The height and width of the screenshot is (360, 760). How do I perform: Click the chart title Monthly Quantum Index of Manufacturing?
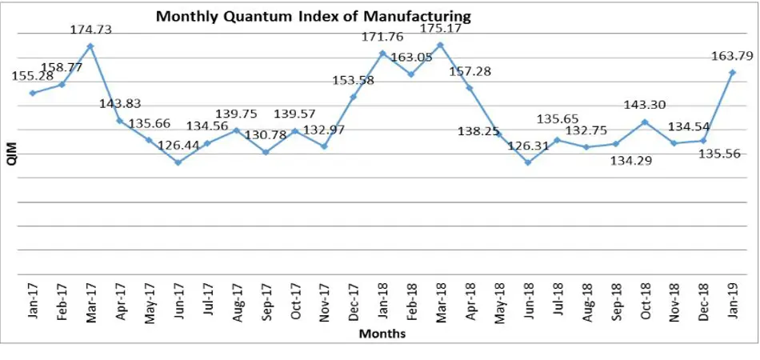(x=313, y=15)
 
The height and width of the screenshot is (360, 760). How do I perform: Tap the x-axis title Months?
(x=382, y=334)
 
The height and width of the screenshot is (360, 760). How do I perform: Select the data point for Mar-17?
(x=90, y=46)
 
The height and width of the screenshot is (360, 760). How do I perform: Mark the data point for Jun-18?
(x=528, y=162)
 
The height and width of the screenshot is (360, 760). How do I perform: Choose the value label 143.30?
(x=644, y=105)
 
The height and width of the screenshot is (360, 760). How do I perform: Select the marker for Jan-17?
(x=32, y=93)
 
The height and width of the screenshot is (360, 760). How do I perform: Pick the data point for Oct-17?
(x=294, y=130)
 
